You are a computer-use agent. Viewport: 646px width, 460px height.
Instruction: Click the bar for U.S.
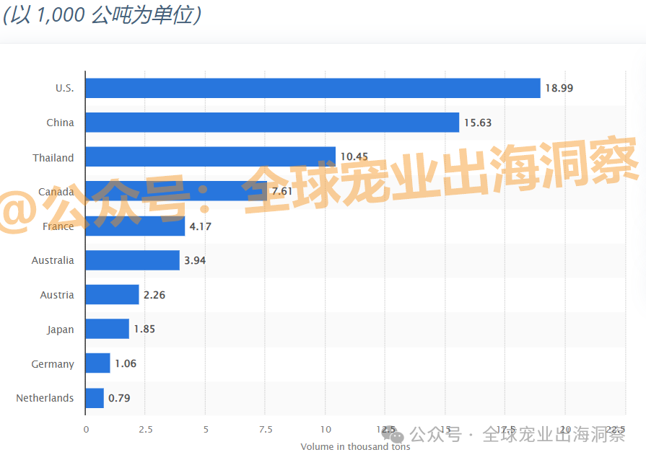(313, 88)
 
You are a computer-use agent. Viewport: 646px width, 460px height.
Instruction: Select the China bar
(272, 123)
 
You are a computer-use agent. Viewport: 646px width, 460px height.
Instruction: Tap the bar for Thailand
(210, 156)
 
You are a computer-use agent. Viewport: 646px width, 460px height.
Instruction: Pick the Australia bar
(132, 260)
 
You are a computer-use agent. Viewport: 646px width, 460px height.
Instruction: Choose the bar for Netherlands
(95, 398)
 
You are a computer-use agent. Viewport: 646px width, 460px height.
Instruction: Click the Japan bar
(107, 329)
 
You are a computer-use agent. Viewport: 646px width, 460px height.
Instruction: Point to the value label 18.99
(559, 88)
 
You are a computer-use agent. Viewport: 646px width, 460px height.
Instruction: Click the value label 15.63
(478, 123)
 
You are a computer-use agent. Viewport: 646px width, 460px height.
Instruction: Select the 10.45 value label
(354, 157)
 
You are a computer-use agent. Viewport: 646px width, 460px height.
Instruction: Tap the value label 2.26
(154, 295)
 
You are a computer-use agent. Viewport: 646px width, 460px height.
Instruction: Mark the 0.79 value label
(119, 398)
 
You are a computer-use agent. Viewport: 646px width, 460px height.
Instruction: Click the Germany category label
(53, 364)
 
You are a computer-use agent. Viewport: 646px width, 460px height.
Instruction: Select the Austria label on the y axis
(57, 295)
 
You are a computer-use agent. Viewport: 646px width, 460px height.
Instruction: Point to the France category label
(58, 226)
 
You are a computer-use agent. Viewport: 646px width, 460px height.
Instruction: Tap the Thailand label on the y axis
(53, 157)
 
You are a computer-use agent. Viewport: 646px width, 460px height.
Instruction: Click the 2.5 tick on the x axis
(146, 430)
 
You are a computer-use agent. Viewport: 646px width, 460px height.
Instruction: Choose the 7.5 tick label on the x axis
(266, 430)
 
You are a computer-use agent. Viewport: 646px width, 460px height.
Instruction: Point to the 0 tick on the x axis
(86, 430)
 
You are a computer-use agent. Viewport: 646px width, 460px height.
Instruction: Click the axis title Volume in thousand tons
(355, 447)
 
